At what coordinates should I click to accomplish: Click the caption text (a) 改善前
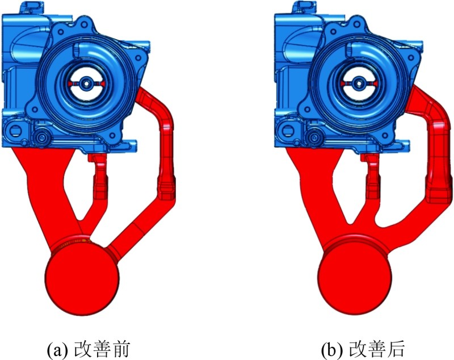tap(88, 349)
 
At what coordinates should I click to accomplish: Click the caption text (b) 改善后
tap(363, 349)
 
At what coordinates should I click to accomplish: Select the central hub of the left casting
tap(86, 83)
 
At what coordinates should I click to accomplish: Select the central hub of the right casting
tap(359, 83)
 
